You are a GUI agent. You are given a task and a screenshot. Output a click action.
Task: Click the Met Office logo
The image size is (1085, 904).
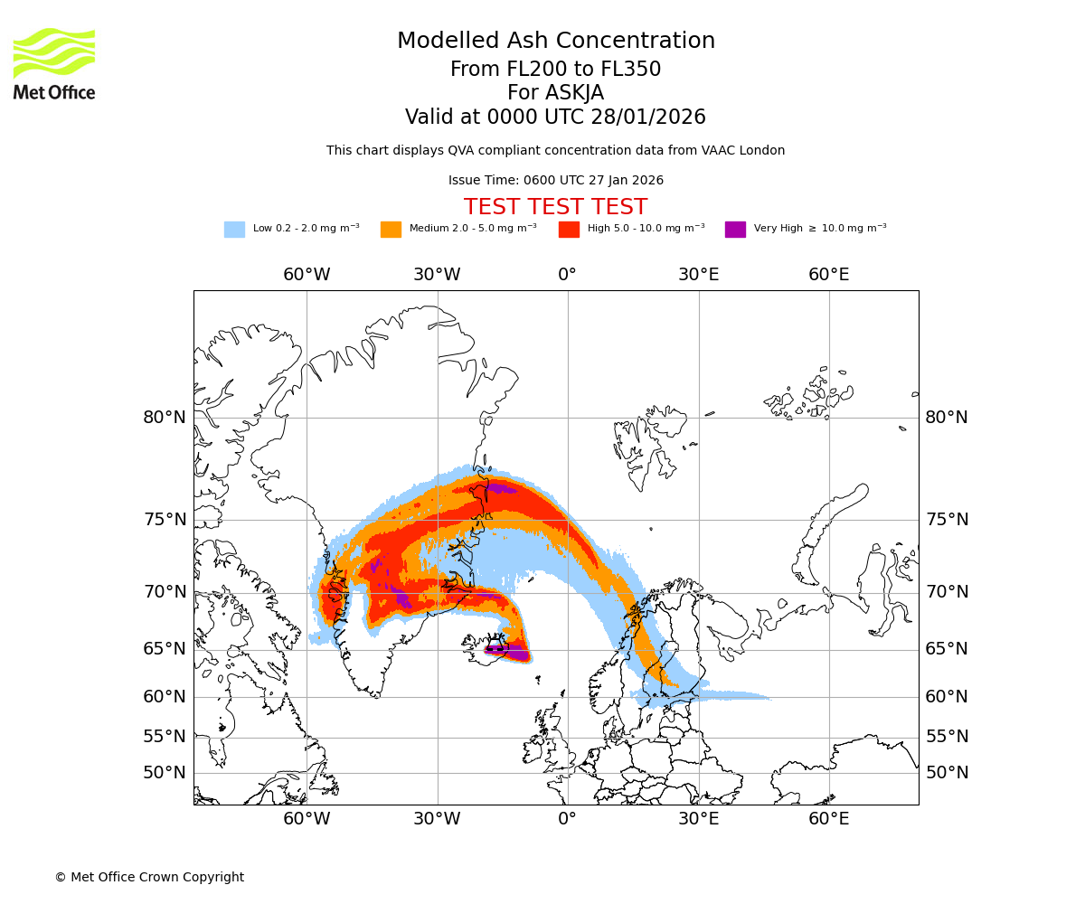click(54, 63)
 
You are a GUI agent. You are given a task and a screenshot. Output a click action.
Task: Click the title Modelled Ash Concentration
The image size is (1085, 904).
click(555, 42)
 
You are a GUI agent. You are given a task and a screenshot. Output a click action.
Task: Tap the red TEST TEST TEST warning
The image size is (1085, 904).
click(555, 207)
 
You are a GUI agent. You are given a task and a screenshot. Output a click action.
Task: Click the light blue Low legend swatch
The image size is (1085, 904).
click(234, 230)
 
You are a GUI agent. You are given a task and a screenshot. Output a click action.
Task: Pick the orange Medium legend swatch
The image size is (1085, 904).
click(391, 230)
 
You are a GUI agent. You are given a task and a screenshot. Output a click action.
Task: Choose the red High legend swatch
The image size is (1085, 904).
click(569, 230)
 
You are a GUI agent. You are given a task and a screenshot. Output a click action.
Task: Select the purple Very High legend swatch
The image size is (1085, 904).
click(735, 230)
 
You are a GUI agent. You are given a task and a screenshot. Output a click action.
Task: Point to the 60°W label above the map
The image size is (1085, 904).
click(307, 275)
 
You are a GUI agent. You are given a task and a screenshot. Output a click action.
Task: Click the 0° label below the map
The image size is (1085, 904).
click(567, 819)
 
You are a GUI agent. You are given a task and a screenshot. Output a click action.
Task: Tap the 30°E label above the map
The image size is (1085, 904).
click(698, 275)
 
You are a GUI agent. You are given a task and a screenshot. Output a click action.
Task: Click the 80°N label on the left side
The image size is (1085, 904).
click(164, 418)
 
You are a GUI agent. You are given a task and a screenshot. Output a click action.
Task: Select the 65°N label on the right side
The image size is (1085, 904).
click(946, 649)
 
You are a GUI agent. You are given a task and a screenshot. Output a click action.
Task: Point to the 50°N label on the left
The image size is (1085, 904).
click(164, 773)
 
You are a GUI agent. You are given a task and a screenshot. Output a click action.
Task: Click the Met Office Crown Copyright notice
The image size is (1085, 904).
click(149, 877)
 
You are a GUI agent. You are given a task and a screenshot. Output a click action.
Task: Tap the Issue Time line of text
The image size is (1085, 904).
click(555, 181)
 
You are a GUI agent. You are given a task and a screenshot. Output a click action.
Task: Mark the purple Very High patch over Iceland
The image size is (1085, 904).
click(512, 651)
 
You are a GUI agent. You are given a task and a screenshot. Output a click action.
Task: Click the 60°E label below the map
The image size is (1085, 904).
click(828, 819)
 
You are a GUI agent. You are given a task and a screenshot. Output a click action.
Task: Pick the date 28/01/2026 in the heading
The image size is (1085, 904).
click(648, 118)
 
